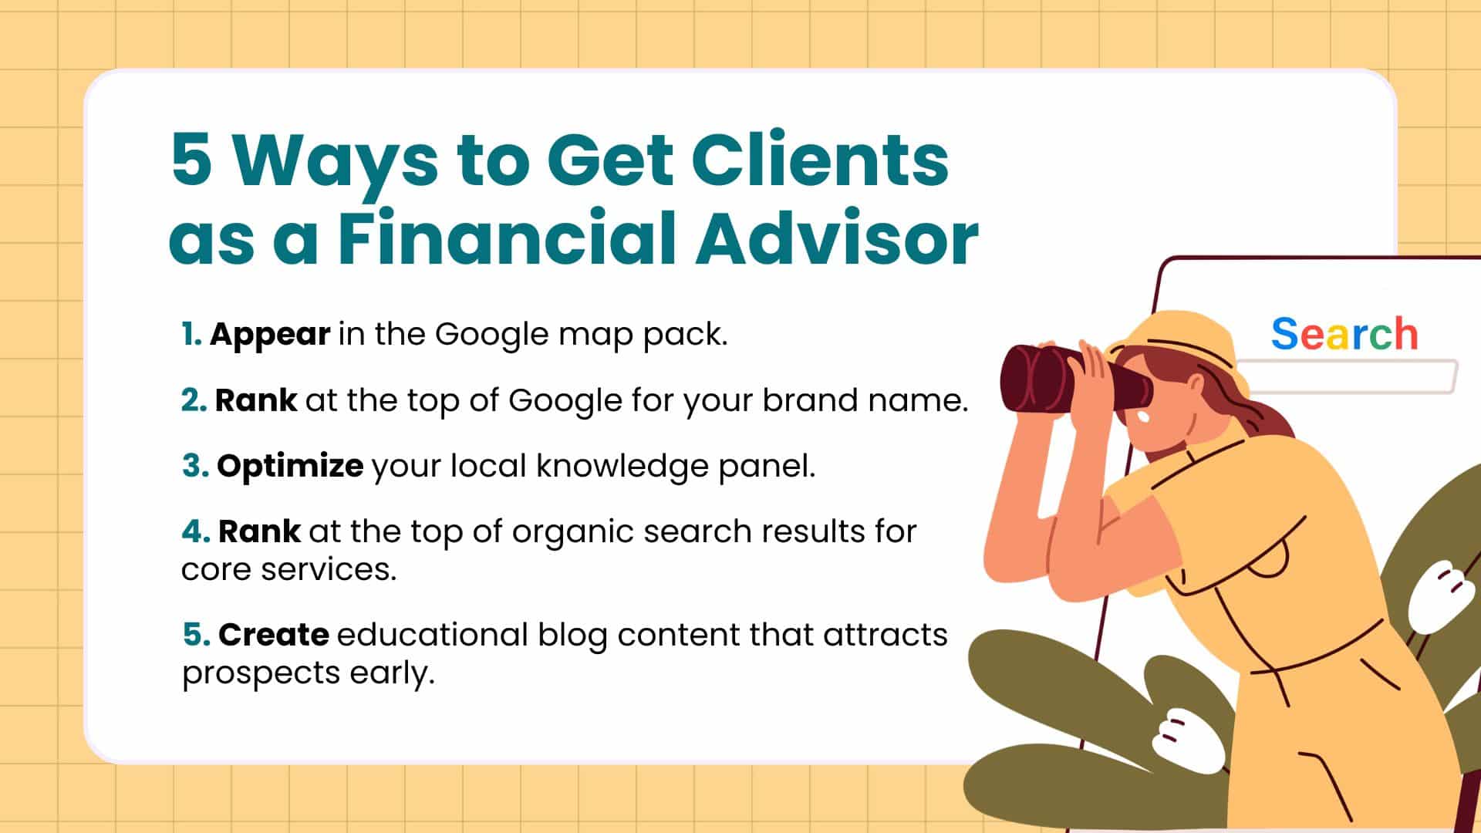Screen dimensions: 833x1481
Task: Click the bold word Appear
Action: [270, 335]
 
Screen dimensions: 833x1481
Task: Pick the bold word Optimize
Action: [290, 466]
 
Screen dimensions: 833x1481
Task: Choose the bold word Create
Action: [274, 635]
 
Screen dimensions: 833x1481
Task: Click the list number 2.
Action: [194, 400]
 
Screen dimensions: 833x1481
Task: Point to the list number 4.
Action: [195, 531]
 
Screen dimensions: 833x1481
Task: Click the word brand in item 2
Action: [811, 400]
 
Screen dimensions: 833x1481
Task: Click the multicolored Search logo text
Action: [1344, 334]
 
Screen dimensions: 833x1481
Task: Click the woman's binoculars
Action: [1072, 379]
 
